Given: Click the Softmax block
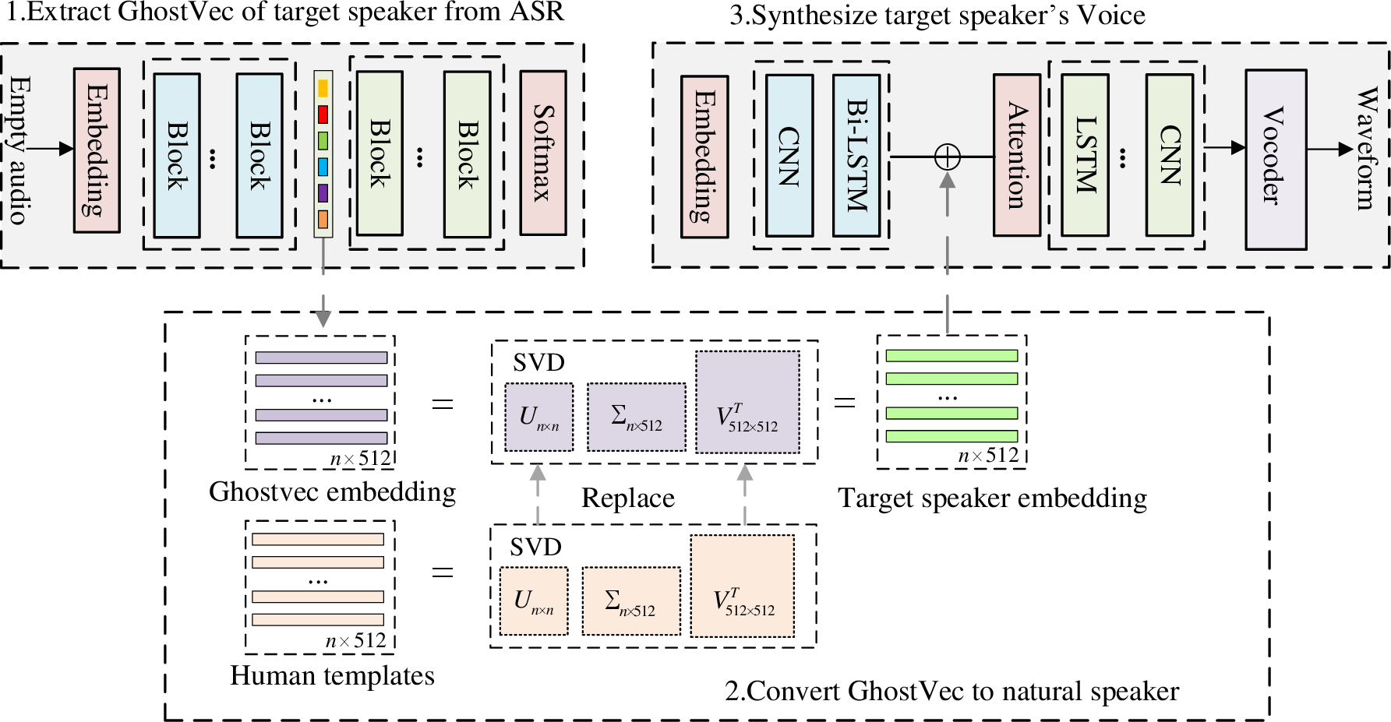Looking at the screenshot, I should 542,153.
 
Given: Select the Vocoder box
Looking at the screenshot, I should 1275,159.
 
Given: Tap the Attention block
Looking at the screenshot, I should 1016,155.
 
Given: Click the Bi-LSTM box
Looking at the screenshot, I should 856,155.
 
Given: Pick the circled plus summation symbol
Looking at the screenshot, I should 947,157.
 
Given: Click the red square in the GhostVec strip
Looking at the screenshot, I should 323,114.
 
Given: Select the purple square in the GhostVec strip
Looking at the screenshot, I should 323,193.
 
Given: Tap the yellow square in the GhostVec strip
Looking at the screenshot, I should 323,88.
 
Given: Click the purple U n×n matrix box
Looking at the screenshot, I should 538,417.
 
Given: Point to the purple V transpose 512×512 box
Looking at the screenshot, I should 747,402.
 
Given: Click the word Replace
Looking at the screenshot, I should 627,498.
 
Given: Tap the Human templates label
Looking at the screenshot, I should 332,675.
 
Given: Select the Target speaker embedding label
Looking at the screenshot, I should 992,498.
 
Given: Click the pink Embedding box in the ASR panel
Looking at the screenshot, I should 97,150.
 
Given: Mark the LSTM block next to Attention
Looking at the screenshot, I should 1085,155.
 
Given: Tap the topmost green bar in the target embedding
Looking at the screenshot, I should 951,356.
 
